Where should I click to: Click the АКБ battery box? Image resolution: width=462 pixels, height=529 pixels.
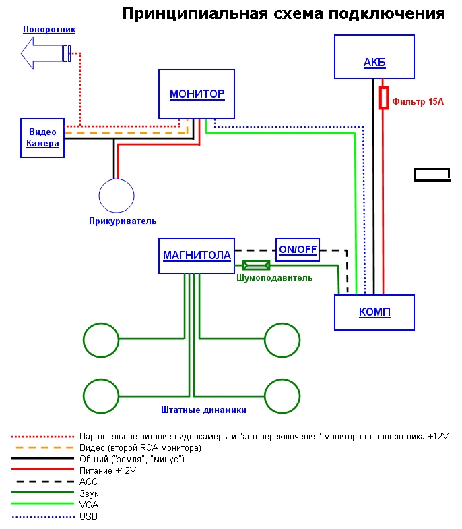(x=374, y=57)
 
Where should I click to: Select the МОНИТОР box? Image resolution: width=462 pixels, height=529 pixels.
(x=197, y=94)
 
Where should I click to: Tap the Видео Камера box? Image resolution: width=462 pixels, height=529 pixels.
(x=42, y=138)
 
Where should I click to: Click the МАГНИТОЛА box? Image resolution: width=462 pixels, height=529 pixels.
(x=197, y=256)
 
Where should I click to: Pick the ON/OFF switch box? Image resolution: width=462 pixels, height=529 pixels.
(x=298, y=249)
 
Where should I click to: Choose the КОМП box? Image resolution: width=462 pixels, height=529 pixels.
(x=374, y=312)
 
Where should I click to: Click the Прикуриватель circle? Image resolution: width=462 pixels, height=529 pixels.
(x=118, y=196)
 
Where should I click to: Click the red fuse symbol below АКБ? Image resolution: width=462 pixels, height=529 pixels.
(x=383, y=98)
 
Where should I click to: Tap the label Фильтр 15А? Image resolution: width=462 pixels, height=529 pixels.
(x=418, y=102)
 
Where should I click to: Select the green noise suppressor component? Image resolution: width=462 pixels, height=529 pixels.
(x=256, y=265)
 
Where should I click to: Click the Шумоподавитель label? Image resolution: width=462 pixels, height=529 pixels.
(x=274, y=277)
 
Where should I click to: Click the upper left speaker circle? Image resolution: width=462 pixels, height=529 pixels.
(x=101, y=340)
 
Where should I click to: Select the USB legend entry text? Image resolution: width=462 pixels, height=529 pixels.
(x=88, y=517)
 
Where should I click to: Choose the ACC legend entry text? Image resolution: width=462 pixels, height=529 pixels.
(x=88, y=482)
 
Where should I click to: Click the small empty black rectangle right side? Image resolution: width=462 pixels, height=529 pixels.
(x=431, y=175)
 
